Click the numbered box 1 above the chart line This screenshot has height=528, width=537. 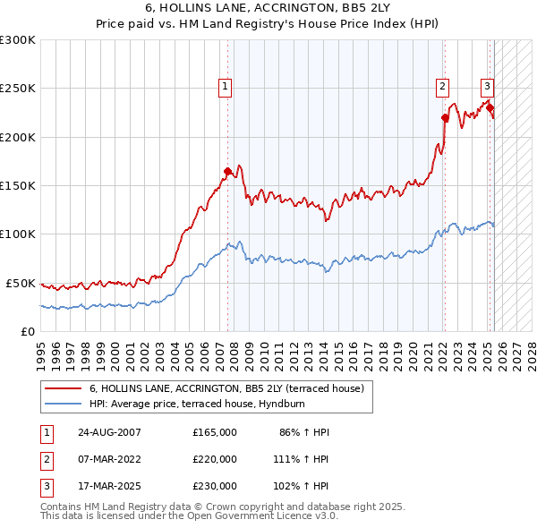[x=224, y=87]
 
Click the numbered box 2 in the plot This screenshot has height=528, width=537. [x=442, y=87]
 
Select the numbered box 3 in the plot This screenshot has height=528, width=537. [x=487, y=87]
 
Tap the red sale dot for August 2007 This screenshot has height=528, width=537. [x=227, y=171]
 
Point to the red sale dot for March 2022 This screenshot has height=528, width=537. [x=445, y=117]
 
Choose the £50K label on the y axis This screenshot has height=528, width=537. [x=21, y=283]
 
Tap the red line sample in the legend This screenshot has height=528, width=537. [x=63, y=388]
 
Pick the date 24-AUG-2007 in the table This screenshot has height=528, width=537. [x=110, y=432]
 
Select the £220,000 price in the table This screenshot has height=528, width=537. [x=215, y=459]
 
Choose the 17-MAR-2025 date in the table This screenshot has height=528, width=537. [x=110, y=486]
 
